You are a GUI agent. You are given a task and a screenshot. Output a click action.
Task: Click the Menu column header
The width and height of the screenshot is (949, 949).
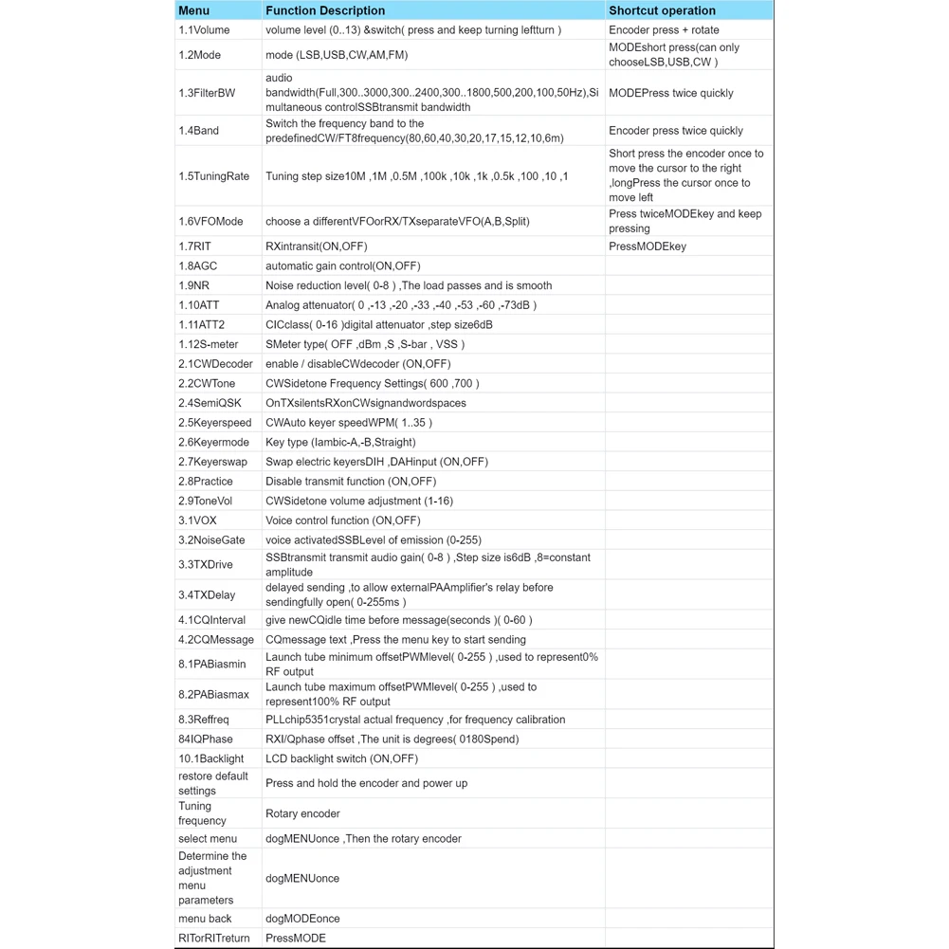click(x=194, y=10)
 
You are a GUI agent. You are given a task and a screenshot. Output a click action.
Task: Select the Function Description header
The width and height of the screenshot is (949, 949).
click(x=325, y=10)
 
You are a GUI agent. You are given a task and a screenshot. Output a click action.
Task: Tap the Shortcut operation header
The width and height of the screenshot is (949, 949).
click(x=662, y=10)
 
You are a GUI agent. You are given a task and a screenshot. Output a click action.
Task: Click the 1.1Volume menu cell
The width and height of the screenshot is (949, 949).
click(x=204, y=30)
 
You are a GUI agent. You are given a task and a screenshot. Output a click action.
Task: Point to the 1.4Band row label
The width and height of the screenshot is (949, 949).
click(x=199, y=131)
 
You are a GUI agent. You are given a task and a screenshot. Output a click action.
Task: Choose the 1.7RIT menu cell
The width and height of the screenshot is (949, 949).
click(x=195, y=246)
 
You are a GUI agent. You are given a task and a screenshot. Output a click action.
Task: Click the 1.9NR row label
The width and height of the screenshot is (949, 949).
click(x=195, y=285)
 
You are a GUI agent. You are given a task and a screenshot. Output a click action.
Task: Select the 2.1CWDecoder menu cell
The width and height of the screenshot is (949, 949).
click(x=215, y=364)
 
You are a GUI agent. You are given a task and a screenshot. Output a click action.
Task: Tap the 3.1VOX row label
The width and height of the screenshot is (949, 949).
click(x=198, y=520)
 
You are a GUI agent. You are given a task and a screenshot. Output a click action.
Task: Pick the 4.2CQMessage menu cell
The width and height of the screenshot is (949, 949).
click(x=216, y=640)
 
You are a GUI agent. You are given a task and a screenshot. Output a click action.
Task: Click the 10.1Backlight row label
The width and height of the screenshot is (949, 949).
click(x=211, y=758)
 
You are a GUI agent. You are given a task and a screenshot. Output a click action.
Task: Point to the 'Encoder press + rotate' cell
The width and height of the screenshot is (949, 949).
click(x=664, y=30)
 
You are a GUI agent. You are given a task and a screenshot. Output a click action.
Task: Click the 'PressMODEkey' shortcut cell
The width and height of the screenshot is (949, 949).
click(x=648, y=246)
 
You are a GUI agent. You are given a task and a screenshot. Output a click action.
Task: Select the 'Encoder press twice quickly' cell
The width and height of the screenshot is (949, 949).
click(x=676, y=131)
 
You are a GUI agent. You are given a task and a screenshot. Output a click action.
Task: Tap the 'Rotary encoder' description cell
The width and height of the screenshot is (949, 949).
click(x=302, y=813)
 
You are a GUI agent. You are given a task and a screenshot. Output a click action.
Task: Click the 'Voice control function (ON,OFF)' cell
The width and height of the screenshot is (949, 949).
click(x=342, y=520)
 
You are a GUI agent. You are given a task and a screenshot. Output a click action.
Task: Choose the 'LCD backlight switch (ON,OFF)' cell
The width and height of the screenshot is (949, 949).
click(x=341, y=758)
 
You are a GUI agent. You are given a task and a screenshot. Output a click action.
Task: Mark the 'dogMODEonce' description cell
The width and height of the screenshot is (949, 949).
click(x=302, y=919)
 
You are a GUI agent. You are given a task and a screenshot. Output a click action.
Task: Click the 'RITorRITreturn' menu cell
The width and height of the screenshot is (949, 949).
click(x=214, y=939)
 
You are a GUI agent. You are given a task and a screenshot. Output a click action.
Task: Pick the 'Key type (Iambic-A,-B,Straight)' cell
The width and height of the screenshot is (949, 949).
click(x=340, y=442)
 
